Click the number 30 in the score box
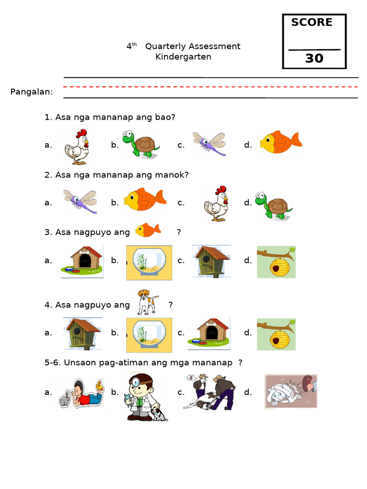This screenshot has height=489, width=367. point(314,59)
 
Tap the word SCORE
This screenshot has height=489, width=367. point(312,22)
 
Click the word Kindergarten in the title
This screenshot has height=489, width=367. point(183,57)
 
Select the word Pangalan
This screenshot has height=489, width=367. point(32,92)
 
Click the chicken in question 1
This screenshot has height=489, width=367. point(77,147)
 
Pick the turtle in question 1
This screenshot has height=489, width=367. point(140,144)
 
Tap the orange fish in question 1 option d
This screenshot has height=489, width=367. point(281,141)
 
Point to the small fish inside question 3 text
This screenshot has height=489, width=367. point(148,230)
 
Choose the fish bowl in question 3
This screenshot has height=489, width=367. point(149,263)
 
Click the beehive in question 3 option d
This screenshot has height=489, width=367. point(276,262)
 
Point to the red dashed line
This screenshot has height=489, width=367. point(210,87)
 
